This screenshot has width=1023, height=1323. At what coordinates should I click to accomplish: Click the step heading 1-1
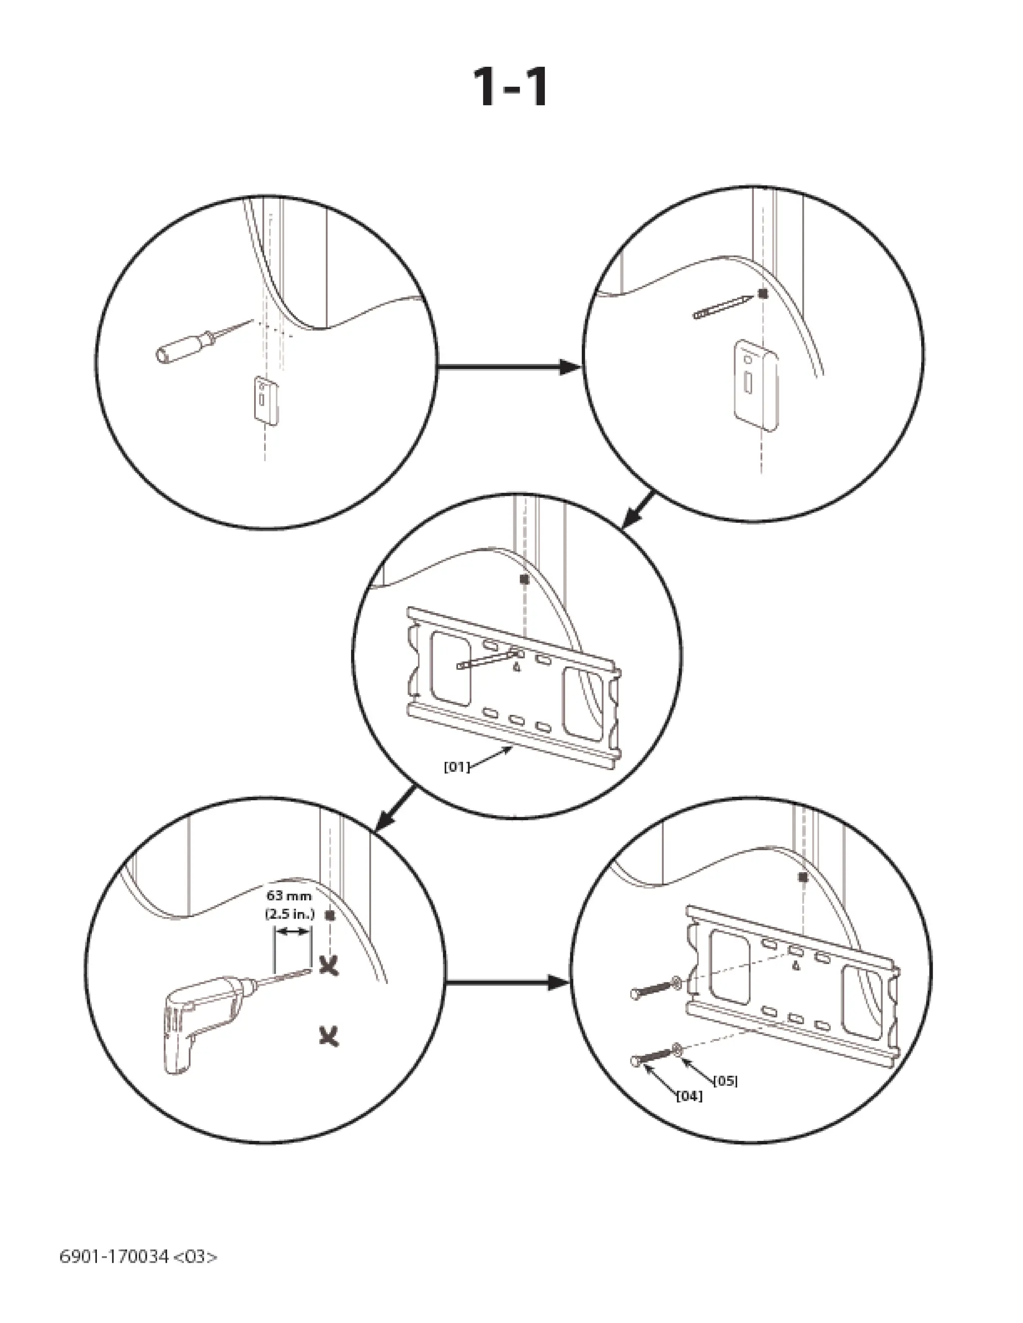click(511, 88)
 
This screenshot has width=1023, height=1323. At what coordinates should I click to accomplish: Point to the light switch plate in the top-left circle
click(266, 400)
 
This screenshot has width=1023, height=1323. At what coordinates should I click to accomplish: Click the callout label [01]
click(457, 767)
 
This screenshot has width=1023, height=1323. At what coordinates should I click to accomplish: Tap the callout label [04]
click(689, 1096)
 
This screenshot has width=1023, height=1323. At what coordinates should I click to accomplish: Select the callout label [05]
click(725, 1081)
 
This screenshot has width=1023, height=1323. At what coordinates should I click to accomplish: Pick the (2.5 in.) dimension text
click(290, 914)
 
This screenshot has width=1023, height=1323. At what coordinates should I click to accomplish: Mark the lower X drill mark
click(330, 1036)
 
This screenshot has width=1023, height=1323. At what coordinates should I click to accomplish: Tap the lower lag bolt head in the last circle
click(635, 1061)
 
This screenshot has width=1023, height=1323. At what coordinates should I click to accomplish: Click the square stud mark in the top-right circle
click(763, 294)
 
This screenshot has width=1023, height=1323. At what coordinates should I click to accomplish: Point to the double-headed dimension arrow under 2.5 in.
click(293, 934)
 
